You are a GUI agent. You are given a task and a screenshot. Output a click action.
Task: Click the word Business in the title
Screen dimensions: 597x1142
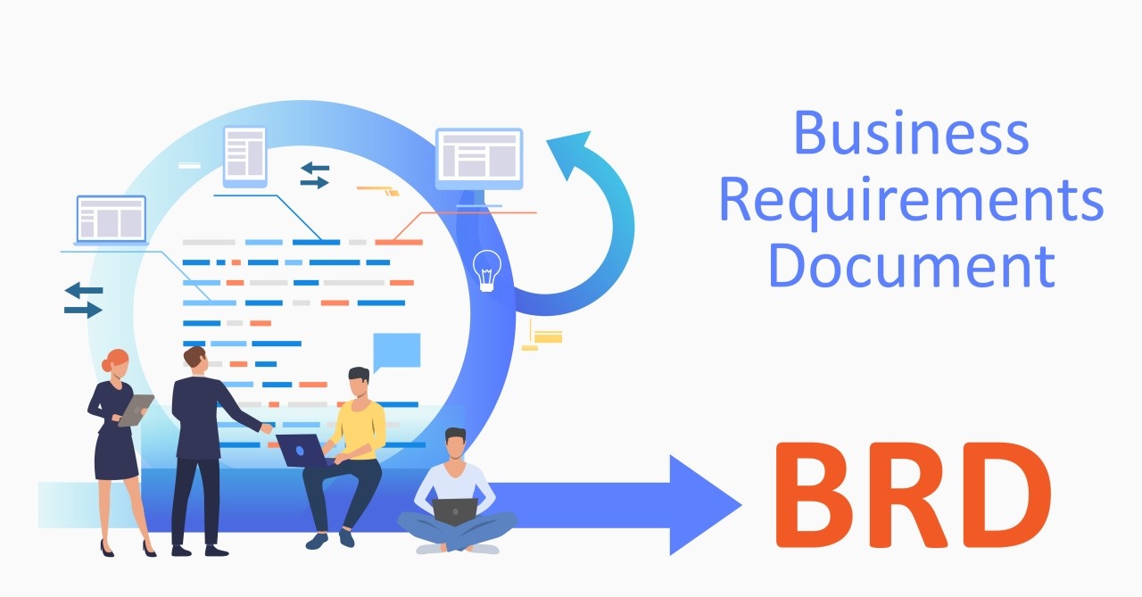tap(911, 134)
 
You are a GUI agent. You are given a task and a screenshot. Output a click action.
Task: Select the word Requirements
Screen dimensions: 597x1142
tap(911, 202)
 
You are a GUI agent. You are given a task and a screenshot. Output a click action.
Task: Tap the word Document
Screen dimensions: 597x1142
tap(911, 266)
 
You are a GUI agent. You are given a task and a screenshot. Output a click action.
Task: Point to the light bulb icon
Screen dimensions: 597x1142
tap(486, 269)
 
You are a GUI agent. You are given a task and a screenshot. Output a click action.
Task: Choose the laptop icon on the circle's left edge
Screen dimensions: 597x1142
tap(111, 220)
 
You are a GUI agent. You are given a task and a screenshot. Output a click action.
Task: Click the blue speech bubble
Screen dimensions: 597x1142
tap(396, 351)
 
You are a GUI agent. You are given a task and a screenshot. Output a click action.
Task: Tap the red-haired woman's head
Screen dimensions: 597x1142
tap(116, 363)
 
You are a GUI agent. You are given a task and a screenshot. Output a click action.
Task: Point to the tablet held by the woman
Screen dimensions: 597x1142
tap(137, 410)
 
